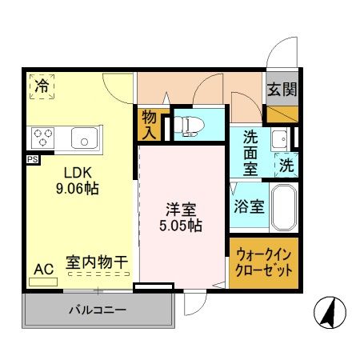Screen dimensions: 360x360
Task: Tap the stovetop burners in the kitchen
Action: pyautogui.click(x=42, y=138)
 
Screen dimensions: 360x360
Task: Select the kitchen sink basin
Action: pyautogui.click(x=84, y=138)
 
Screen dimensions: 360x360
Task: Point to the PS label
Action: pyautogui.click(x=32, y=159)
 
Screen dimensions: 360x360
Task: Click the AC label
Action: pyautogui.click(x=44, y=269)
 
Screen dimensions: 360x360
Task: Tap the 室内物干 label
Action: pyautogui.click(x=97, y=262)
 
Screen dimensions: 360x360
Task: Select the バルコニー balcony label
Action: pyautogui.click(x=96, y=309)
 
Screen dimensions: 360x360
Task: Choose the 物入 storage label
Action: pyautogui.click(x=150, y=123)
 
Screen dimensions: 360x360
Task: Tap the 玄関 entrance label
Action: pyautogui.click(x=282, y=90)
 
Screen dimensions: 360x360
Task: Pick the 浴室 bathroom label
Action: pyautogui.click(x=249, y=206)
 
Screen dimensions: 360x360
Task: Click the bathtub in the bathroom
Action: pyautogui.click(x=283, y=206)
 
